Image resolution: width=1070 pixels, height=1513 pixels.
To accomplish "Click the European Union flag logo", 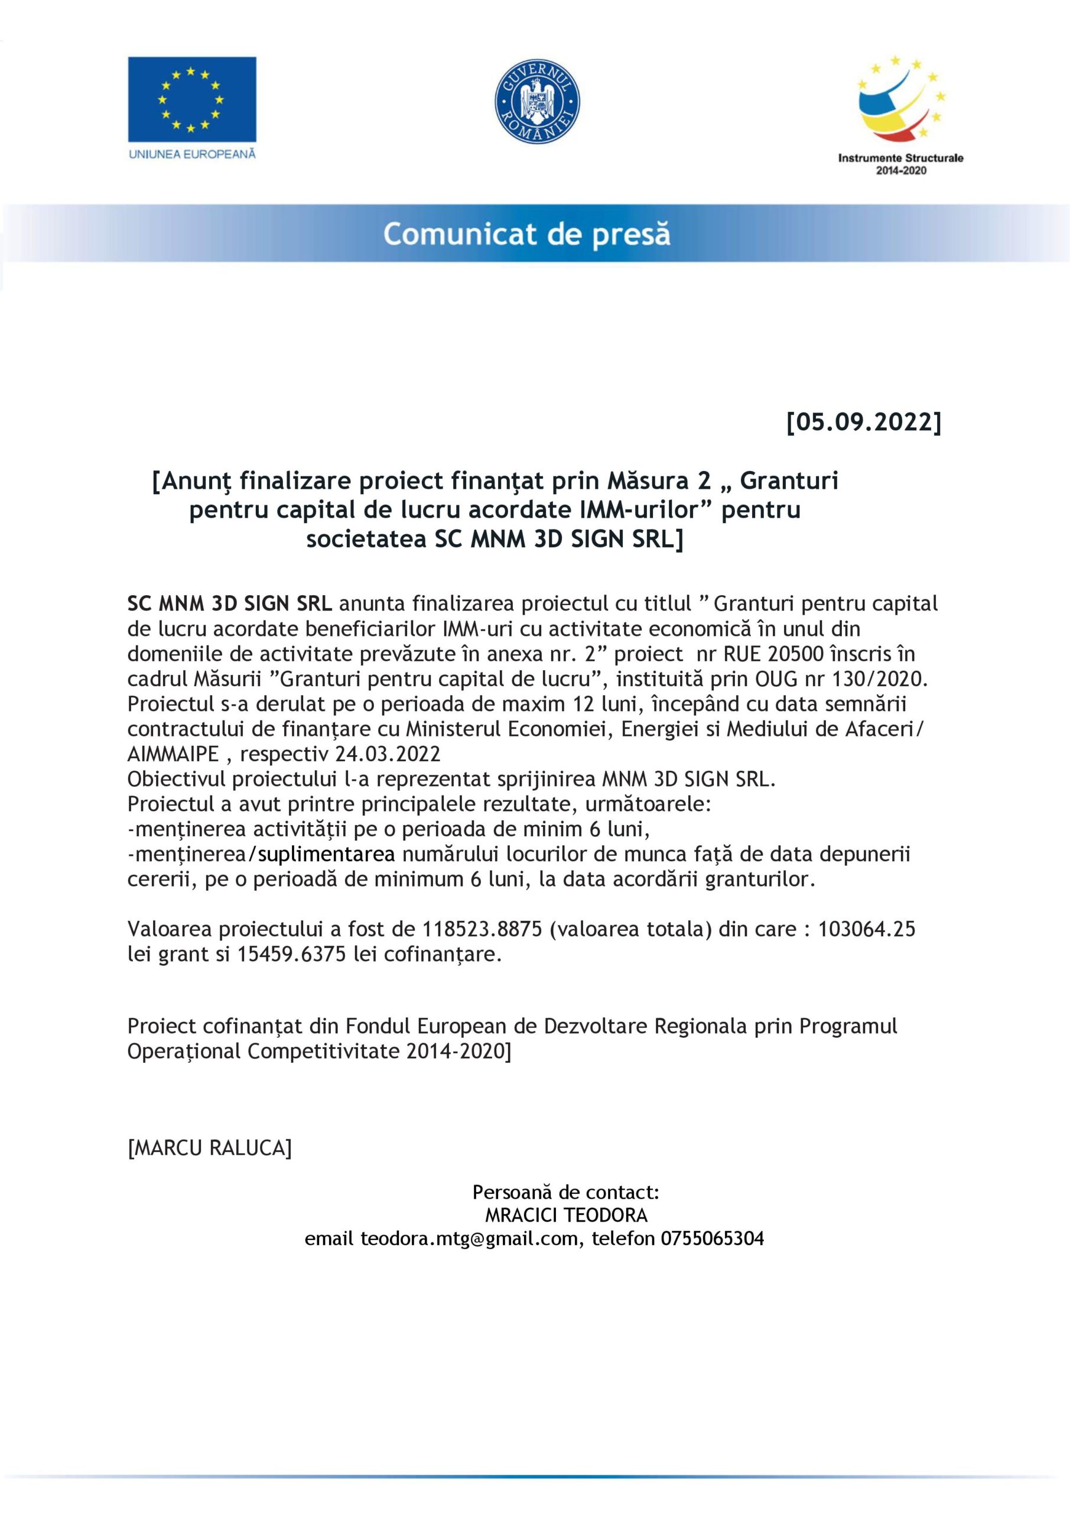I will coord(192,99).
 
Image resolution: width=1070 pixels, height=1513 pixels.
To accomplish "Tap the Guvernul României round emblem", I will coord(537,101).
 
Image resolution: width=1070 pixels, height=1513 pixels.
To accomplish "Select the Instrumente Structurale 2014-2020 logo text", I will coord(900,164).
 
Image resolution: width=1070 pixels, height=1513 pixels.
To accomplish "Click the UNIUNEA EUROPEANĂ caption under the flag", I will coord(192,154).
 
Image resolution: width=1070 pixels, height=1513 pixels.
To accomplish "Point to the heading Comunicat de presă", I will coord(526,234).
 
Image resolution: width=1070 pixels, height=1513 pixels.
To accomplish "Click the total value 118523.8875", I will coord(482,929).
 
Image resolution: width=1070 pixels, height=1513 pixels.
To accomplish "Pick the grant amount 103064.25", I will coord(866,929).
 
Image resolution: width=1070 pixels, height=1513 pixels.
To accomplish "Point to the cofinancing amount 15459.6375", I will coord(291,954).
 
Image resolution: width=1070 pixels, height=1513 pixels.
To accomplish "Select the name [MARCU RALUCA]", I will coord(210,1148).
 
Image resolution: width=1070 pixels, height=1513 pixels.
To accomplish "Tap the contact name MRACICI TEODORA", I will coord(566,1215).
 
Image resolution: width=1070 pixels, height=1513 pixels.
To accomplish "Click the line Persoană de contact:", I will coord(566,1192).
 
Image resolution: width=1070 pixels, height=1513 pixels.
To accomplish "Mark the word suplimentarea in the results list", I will coord(327,854).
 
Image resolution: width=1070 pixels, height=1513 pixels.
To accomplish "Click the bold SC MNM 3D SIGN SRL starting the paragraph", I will coord(229,603).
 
